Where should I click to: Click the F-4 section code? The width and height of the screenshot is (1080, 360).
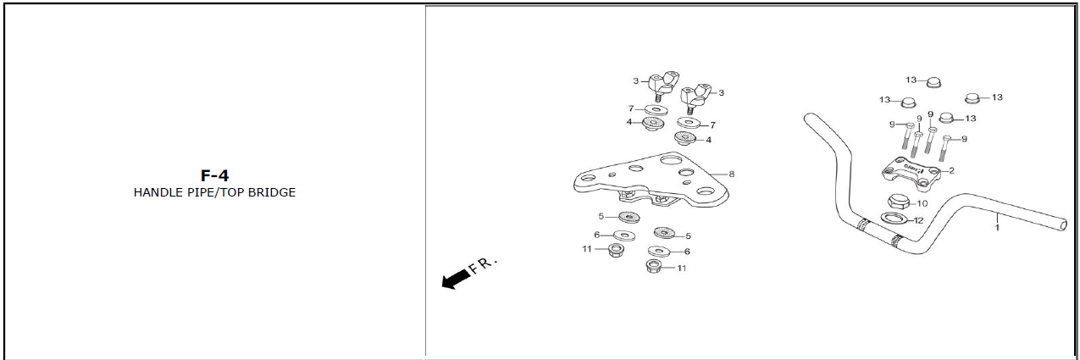pos(214,175)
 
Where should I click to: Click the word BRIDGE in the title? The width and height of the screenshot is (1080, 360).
pos(271,192)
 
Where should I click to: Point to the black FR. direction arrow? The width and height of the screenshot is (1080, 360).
pos(456,279)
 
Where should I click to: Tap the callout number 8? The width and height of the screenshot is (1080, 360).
pos(731,174)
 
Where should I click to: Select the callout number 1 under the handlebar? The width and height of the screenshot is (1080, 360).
pos(997,228)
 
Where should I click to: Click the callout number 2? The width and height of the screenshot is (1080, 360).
pos(951,170)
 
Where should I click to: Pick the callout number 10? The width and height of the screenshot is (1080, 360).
pos(922,203)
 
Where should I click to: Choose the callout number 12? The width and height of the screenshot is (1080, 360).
pos(918,220)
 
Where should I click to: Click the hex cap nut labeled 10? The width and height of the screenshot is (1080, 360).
pos(899,202)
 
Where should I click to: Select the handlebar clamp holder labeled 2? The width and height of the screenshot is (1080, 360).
pos(911,174)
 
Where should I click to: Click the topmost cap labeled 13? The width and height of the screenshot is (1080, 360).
pos(934,82)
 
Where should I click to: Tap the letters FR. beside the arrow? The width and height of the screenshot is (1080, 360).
pos(483,265)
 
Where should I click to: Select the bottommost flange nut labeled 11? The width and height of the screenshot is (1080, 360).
pos(653,266)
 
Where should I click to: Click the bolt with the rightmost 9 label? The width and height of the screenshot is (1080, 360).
pos(945,148)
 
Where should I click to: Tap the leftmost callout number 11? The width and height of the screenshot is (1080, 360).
pos(586,249)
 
